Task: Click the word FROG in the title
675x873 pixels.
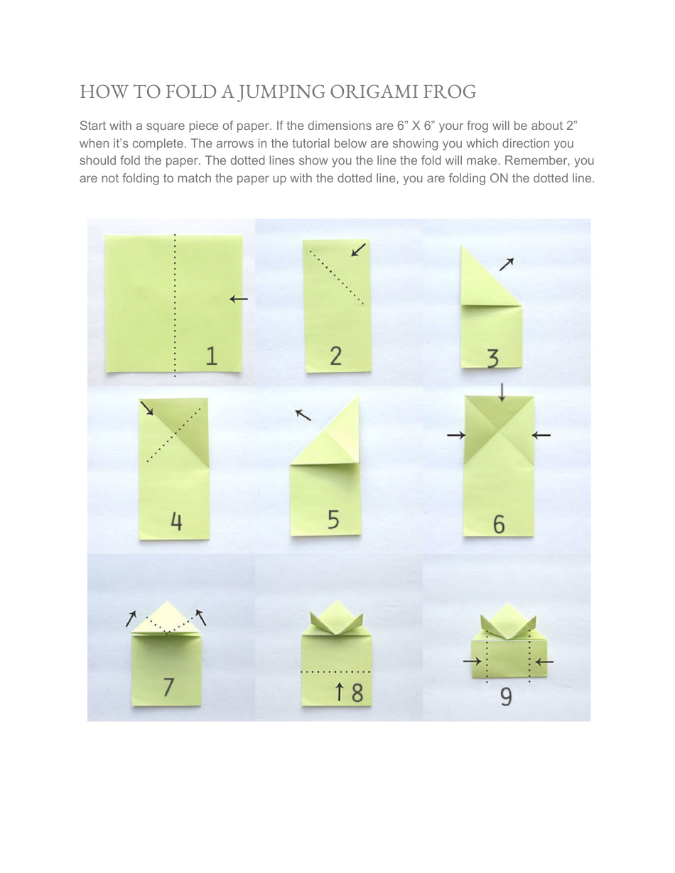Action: (450, 92)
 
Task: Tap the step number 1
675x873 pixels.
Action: (211, 355)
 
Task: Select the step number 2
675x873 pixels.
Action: (335, 356)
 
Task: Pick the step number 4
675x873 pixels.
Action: (176, 522)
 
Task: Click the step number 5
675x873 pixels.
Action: (333, 520)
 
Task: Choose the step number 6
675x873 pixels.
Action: (499, 525)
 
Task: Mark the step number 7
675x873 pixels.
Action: (168, 687)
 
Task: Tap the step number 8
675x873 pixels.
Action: (357, 692)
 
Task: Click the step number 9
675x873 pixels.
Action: (506, 697)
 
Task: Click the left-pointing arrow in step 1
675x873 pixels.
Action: (239, 300)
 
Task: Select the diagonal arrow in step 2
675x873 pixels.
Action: (360, 250)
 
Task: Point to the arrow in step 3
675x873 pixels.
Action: (507, 264)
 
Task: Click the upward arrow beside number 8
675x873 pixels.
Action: (340, 691)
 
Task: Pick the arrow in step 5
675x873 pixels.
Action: (303, 414)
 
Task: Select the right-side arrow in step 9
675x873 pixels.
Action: (544, 662)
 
